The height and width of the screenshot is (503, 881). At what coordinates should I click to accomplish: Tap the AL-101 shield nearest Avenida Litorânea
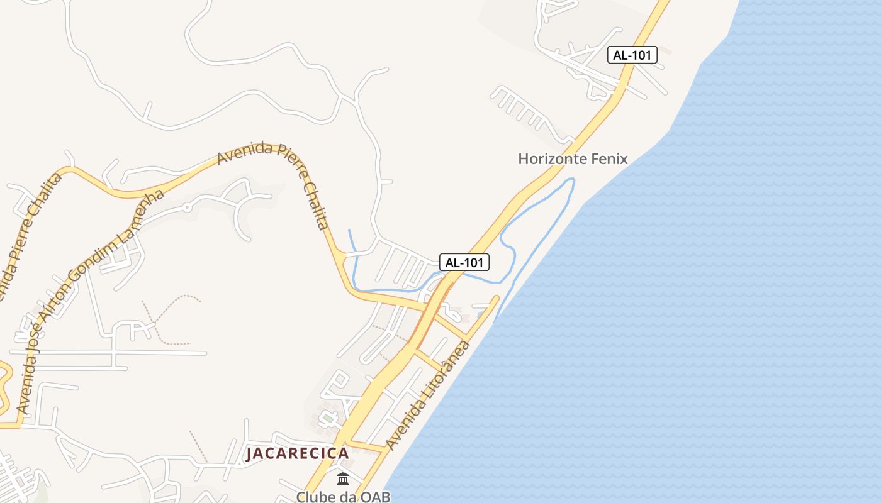464,262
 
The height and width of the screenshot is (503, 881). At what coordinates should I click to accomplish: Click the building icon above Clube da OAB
343,479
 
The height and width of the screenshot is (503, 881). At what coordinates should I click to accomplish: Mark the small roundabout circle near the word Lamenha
186,207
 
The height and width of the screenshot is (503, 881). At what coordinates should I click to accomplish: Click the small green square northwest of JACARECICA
327,417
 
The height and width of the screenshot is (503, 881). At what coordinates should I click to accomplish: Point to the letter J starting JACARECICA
250,453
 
